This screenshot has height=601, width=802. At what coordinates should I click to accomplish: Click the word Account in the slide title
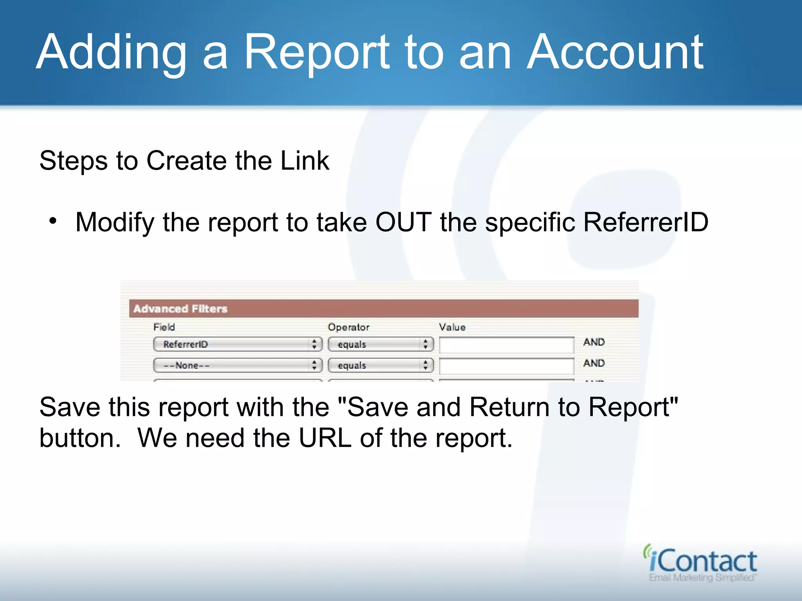point(615,53)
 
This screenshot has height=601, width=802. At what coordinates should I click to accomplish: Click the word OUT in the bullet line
point(403,222)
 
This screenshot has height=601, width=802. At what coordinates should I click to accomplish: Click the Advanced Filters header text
point(180,309)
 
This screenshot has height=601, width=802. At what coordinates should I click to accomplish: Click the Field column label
point(164,327)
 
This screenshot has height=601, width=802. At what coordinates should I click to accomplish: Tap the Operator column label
point(349,327)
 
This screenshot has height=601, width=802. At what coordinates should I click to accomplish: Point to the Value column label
point(452,327)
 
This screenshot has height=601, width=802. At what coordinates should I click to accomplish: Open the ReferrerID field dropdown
point(237,344)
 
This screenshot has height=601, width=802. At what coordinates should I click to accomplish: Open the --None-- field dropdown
point(237,365)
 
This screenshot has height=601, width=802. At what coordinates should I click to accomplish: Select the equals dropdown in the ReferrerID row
point(381,344)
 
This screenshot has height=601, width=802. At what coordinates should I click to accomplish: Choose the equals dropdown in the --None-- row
point(381,365)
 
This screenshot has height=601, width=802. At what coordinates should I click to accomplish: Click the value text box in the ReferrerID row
point(506,345)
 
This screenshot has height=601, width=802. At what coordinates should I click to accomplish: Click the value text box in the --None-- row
point(506,366)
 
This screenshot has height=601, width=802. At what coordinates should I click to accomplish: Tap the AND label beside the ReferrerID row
point(594,342)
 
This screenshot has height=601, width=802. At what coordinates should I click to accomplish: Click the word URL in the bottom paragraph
point(325,438)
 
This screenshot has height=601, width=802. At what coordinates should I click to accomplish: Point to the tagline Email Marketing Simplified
point(702,578)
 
